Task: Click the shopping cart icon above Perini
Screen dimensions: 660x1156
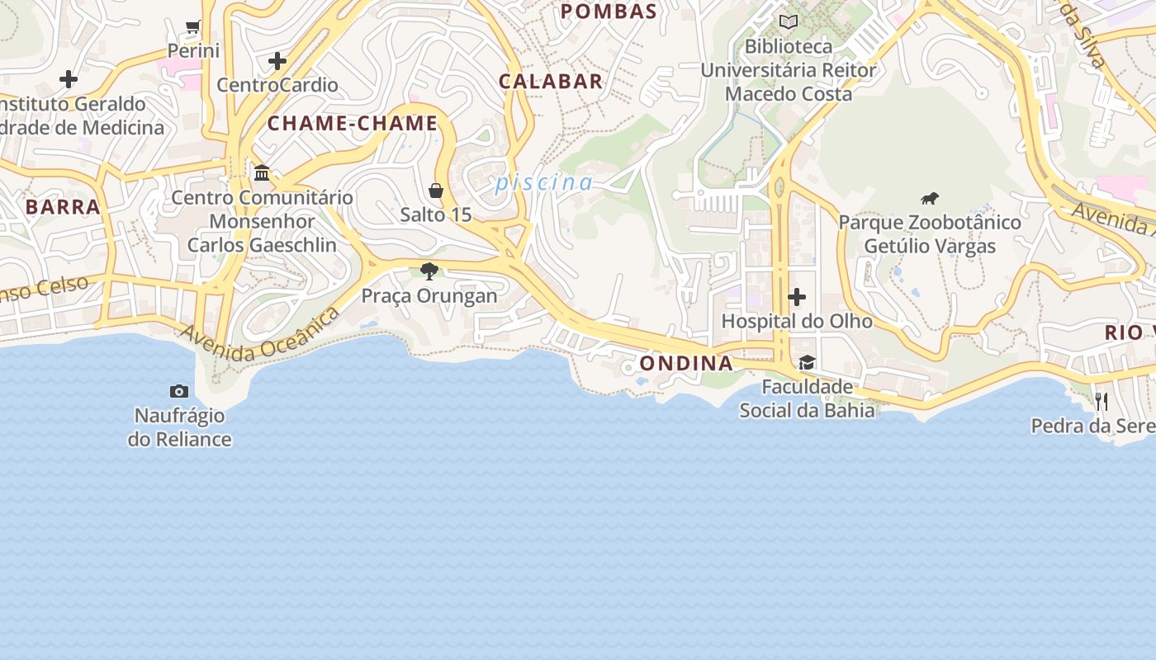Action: pos(193,26)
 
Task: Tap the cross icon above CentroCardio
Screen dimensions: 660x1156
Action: pos(277,61)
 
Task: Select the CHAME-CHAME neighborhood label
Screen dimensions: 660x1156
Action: pos(353,124)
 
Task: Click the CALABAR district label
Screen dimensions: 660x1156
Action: pos(551,82)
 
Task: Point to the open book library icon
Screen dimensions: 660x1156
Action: pos(789,22)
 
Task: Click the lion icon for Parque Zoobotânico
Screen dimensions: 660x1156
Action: pos(930,198)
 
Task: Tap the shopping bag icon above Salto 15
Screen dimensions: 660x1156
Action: pos(436,191)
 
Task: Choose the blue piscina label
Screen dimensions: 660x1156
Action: pos(544,183)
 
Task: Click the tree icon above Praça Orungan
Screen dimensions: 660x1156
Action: pos(429,271)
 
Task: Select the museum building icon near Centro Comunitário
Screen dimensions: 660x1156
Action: pos(263,172)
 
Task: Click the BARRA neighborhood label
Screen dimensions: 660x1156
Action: pos(63,206)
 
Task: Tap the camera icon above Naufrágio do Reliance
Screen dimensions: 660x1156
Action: pos(179,391)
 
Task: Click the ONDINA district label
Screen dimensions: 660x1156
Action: pos(686,364)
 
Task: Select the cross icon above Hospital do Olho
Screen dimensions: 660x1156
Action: pos(797,296)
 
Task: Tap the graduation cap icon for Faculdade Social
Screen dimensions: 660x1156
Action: pos(807,362)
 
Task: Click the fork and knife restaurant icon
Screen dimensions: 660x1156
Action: pos(1101,402)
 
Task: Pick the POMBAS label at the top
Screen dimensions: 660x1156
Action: pos(609,12)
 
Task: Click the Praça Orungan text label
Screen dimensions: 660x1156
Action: pos(429,295)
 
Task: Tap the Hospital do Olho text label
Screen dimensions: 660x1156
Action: pos(797,321)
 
